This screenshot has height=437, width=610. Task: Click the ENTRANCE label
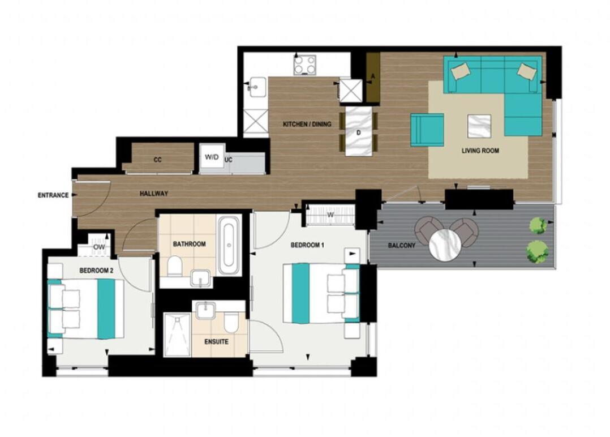[x=53, y=195]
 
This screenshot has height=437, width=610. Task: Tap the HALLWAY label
[x=154, y=194]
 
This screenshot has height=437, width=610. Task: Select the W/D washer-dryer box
[x=212, y=157]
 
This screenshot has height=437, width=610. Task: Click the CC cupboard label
[x=158, y=160]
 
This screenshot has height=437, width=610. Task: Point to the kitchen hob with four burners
[x=305, y=65]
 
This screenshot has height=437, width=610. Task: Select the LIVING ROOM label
[x=480, y=151]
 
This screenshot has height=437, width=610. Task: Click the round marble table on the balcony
[x=446, y=245]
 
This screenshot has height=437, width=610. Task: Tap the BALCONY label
[x=402, y=246]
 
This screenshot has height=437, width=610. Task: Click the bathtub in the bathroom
[x=229, y=247]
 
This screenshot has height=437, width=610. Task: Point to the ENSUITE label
[x=217, y=342]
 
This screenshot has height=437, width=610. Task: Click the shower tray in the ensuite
[x=177, y=335]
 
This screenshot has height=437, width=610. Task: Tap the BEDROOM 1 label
[x=307, y=245]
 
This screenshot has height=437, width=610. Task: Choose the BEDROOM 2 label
[x=96, y=271]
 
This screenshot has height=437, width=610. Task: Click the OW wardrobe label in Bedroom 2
[x=99, y=247]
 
